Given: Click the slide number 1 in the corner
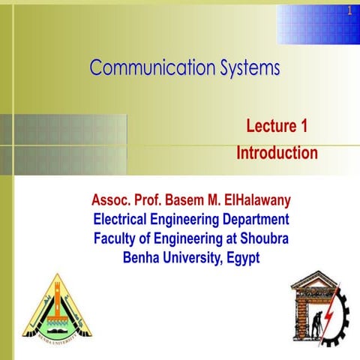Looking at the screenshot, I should [x=349, y=10].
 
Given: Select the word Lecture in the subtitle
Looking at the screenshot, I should [x=267, y=126].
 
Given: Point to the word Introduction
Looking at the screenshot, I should [x=277, y=153].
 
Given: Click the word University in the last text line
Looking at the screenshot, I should [x=190, y=257].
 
